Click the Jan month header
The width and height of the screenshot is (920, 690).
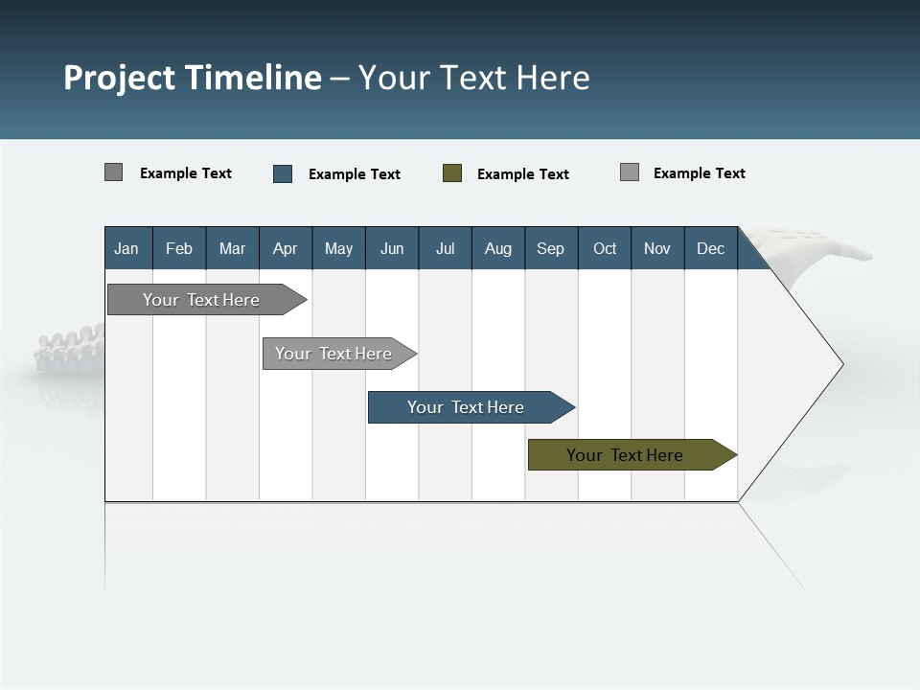[x=126, y=249]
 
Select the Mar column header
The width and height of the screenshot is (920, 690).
[x=232, y=249]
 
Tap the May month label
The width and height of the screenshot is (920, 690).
[x=338, y=249]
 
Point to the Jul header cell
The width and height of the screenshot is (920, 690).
[x=445, y=249]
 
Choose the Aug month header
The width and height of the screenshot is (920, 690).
[x=497, y=249]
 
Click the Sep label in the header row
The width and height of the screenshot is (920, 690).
[x=550, y=249]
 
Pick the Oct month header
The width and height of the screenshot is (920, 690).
[x=605, y=249]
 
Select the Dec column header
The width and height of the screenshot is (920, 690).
[x=710, y=249]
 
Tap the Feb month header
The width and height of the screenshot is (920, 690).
[x=179, y=249]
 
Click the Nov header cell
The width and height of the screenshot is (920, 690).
[x=657, y=249]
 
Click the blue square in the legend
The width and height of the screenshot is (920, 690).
[x=283, y=173]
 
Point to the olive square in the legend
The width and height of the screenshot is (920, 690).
[x=452, y=173]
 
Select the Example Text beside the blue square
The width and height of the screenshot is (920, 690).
[x=355, y=174]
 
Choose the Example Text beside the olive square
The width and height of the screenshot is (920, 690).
[x=523, y=174]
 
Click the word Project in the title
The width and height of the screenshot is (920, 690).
[x=120, y=78]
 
